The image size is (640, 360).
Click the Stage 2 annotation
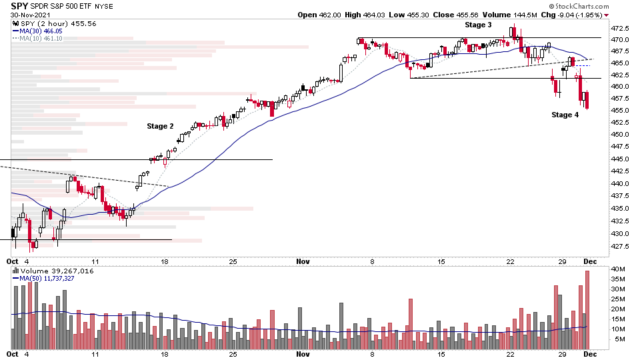tap(160, 126)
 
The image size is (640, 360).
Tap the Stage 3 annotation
tap(478, 25)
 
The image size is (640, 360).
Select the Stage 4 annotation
tap(565, 115)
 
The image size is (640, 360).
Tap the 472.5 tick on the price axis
tap(621, 29)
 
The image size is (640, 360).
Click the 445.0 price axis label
tap(621, 159)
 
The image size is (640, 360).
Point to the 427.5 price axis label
tap(621, 246)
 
